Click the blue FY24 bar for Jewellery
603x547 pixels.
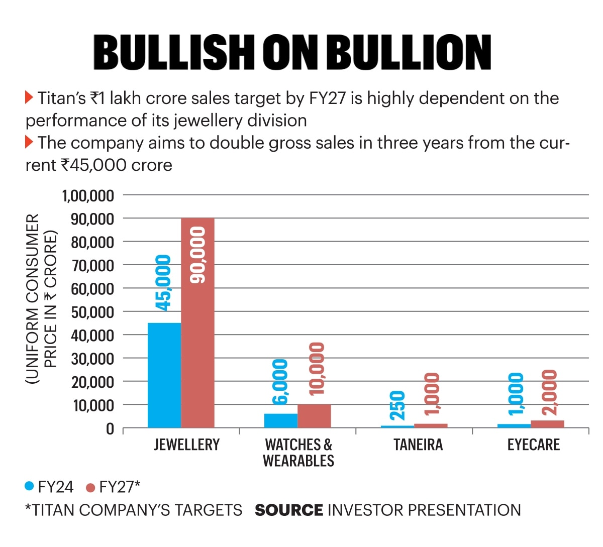coord(164,375)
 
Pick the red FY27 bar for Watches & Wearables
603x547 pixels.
coord(314,416)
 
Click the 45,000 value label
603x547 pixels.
coord(163,283)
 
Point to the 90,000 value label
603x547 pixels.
coord(197,255)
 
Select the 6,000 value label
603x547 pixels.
coord(280,382)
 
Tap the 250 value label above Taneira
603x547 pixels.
coord(397,406)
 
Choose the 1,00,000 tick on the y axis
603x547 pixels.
coord(88,195)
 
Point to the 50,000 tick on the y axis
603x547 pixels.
coord(92,312)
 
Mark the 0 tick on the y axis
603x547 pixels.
coord(110,429)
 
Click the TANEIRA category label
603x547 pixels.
coord(418,445)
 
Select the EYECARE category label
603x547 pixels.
coord(534,445)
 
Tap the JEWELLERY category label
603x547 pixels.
coord(186,445)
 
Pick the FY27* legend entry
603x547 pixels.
coord(113,487)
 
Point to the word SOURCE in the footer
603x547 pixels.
coord(289,510)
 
